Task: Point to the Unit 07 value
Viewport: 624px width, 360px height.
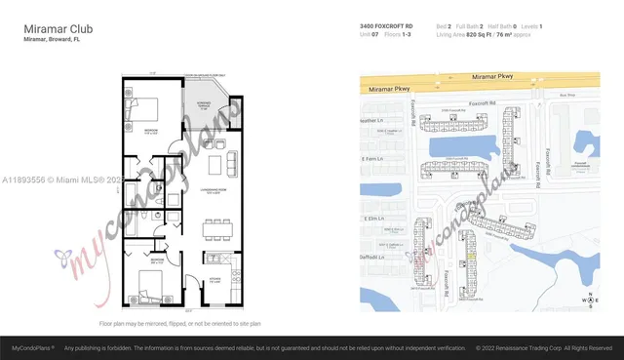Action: click(x=372, y=35)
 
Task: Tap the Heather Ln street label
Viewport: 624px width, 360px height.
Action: click(x=374, y=121)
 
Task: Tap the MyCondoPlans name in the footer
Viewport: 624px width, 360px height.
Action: click(x=32, y=347)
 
